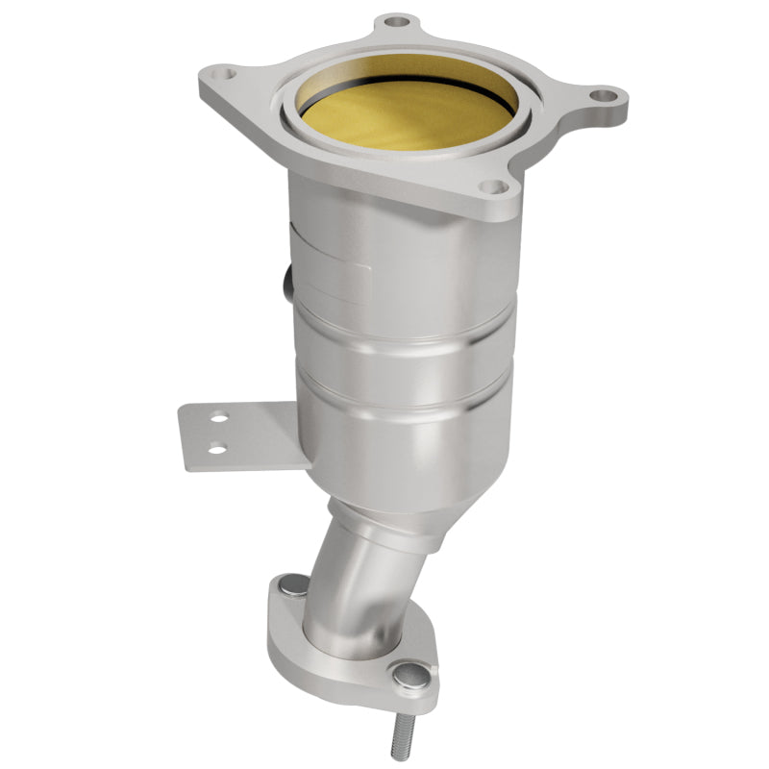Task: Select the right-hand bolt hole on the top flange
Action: pyautogui.click(x=602, y=95)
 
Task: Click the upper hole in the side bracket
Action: pyautogui.click(x=220, y=418)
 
